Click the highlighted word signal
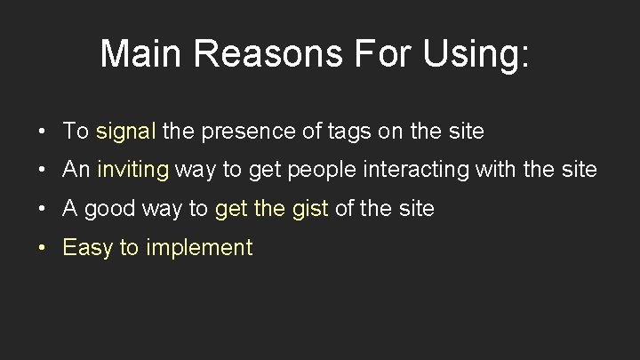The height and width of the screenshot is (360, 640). click(x=126, y=132)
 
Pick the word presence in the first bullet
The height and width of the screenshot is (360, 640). click(x=244, y=132)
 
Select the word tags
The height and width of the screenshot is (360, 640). click(x=349, y=132)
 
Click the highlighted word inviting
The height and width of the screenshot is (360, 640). click(x=132, y=170)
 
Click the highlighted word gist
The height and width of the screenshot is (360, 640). click(x=309, y=209)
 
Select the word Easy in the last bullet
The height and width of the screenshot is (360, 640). click(x=87, y=248)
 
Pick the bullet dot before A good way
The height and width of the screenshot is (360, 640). click(x=43, y=210)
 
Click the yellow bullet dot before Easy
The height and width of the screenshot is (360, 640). click(x=43, y=249)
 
